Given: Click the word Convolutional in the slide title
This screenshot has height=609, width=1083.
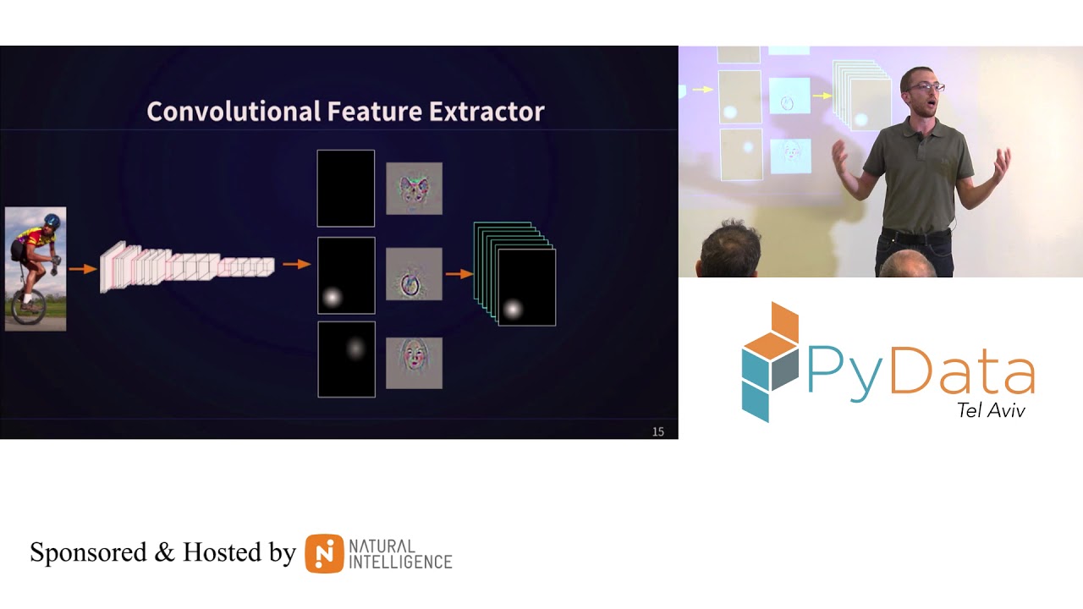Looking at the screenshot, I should pyautogui.click(x=234, y=111).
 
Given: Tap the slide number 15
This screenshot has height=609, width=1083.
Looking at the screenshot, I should pyautogui.click(x=658, y=431).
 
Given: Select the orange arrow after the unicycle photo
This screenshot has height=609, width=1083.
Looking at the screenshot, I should pyautogui.click(x=82, y=269).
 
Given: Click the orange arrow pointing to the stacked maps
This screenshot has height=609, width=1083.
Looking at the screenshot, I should pyautogui.click(x=459, y=274).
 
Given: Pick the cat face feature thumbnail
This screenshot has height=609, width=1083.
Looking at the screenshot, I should pyautogui.click(x=414, y=188).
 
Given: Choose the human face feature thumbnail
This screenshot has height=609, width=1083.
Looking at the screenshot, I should pyautogui.click(x=414, y=362).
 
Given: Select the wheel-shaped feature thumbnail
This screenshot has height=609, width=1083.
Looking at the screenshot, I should pyautogui.click(x=414, y=274).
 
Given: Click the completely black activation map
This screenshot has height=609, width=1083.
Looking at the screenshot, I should pyautogui.click(x=345, y=188).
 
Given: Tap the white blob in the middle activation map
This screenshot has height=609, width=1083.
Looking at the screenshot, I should pyautogui.click(x=332, y=297).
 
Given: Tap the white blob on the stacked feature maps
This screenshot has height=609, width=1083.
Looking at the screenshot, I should pyautogui.click(x=512, y=310).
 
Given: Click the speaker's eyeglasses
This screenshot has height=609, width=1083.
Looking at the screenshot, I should pyautogui.click(x=924, y=86).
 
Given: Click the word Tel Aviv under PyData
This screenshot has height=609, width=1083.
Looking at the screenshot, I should pyautogui.click(x=991, y=410).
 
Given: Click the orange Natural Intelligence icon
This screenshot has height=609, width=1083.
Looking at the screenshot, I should pyautogui.click(x=324, y=553).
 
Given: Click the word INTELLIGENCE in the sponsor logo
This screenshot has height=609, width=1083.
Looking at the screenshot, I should pyautogui.click(x=401, y=562).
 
